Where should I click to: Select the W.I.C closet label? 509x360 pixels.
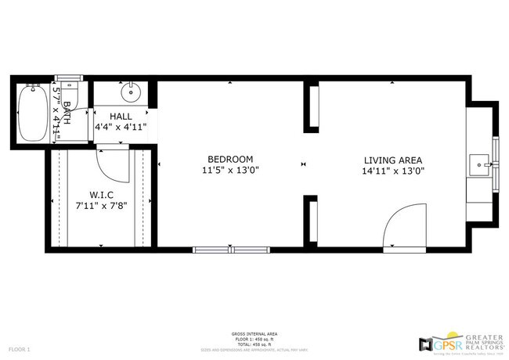pyautogui.click(x=101, y=194)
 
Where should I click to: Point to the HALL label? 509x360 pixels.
pyautogui.click(x=121, y=116)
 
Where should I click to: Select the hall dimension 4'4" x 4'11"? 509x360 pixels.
pyautogui.click(x=121, y=127)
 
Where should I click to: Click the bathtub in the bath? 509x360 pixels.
pyautogui.click(x=31, y=113)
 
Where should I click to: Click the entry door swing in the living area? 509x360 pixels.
pyautogui.click(x=403, y=227)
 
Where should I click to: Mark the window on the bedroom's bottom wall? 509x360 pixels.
pyautogui.click(x=223, y=250)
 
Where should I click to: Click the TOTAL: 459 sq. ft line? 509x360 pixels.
pyautogui.click(x=254, y=344)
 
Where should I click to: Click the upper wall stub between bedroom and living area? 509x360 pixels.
pyautogui.click(x=311, y=106)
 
